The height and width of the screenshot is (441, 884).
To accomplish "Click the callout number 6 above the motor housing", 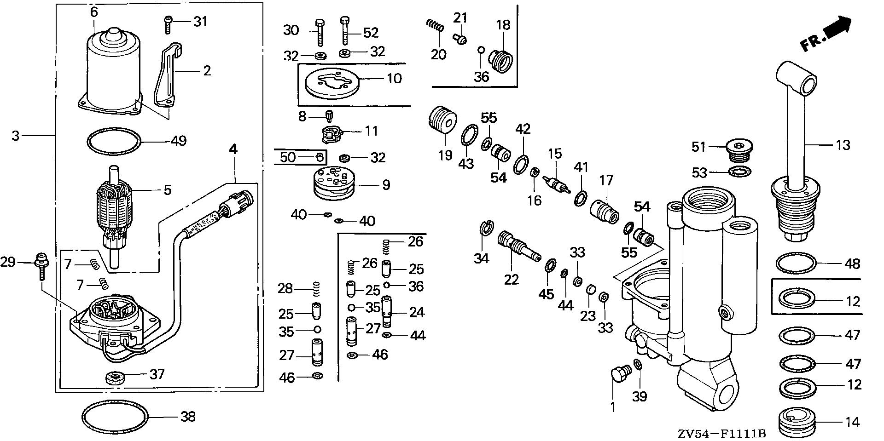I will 94,11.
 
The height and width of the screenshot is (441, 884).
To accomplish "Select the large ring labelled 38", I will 116,417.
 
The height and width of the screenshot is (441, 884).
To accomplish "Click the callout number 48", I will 853,263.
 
